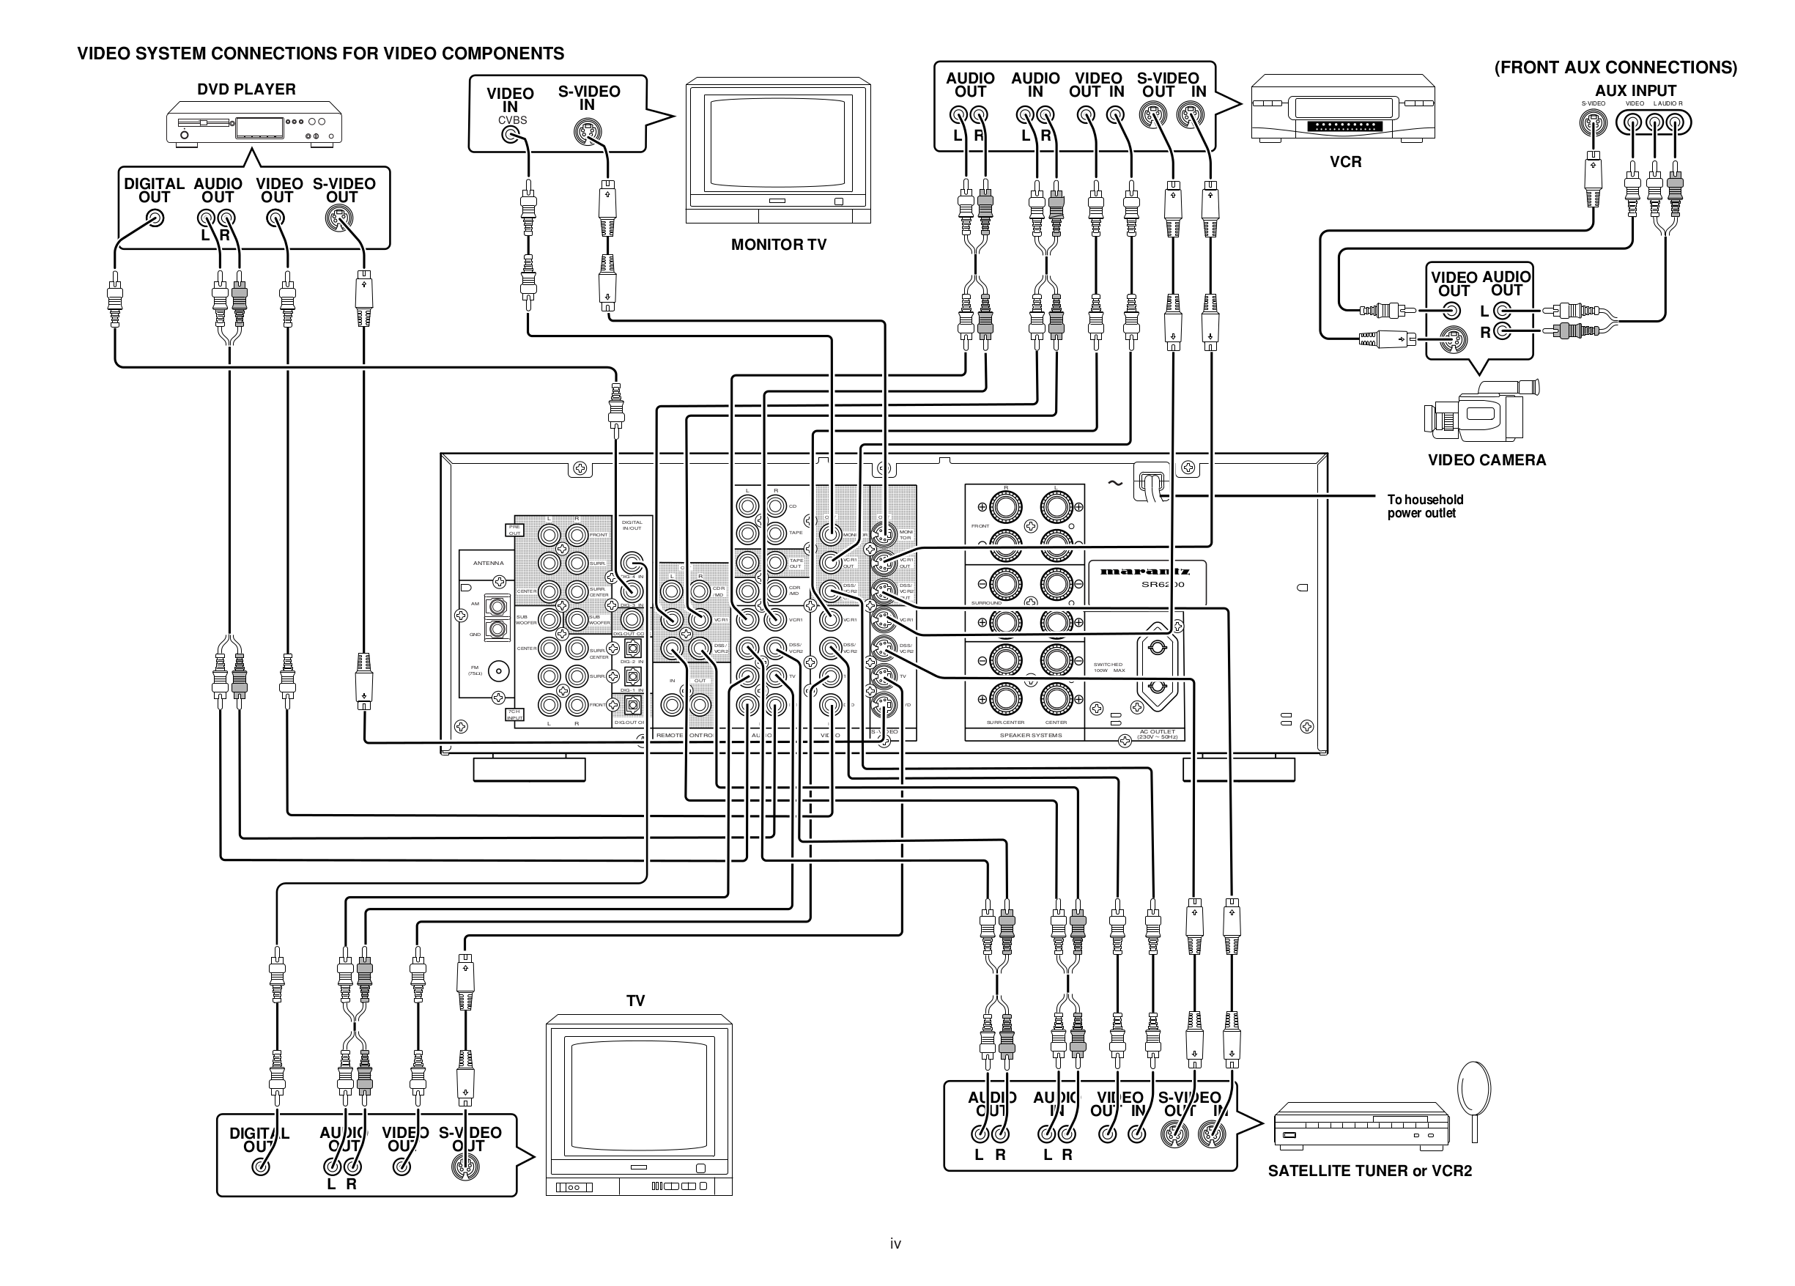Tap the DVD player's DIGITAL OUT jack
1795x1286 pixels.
[156, 218]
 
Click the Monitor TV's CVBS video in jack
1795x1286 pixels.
[511, 134]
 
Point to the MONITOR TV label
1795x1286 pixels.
[778, 245]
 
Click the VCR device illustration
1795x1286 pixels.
[1342, 108]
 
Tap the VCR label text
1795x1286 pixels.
[1344, 162]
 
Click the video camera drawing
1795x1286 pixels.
[1481, 412]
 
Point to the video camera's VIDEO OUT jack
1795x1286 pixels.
[1451, 311]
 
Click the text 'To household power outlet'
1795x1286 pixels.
[1424, 506]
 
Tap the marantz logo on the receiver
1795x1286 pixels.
[1144, 571]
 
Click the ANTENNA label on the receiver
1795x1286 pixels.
[489, 563]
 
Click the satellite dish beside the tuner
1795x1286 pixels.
[1473, 1091]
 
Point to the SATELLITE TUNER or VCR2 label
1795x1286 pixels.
[1369, 1171]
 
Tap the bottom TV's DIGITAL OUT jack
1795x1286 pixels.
[260, 1167]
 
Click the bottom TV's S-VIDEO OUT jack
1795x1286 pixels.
[465, 1167]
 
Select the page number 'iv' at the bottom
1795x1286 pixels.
[895, 1244]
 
